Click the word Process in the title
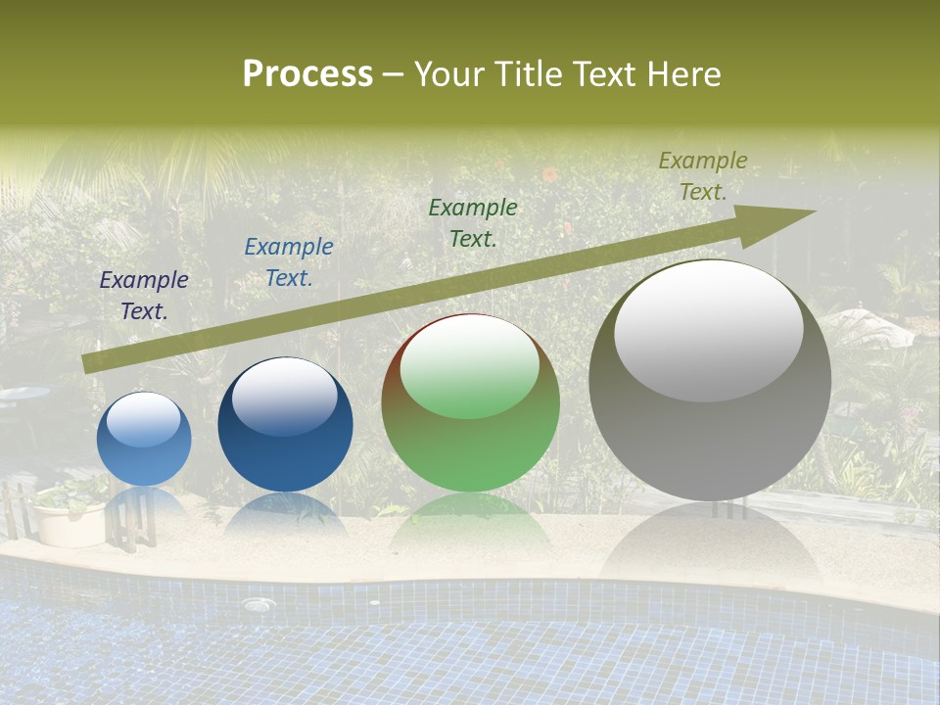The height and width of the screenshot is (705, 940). pos(307,74)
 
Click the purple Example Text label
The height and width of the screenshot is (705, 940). pos(144,296)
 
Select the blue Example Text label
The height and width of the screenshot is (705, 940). pos(289,262)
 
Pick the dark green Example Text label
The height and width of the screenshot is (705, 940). pos(473,222)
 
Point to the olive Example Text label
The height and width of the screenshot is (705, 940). pos(703,176)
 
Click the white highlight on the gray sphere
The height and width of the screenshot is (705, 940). pos(708,330)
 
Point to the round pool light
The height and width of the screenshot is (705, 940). pos(258,605)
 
